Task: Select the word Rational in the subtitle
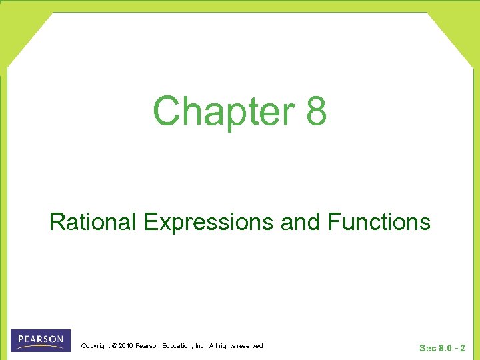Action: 94,221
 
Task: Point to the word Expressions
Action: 209,221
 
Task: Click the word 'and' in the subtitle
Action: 301,221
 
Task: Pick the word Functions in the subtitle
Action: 379,221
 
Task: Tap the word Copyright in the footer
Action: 95,346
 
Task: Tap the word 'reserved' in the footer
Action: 251,346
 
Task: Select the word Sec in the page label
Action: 427,348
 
